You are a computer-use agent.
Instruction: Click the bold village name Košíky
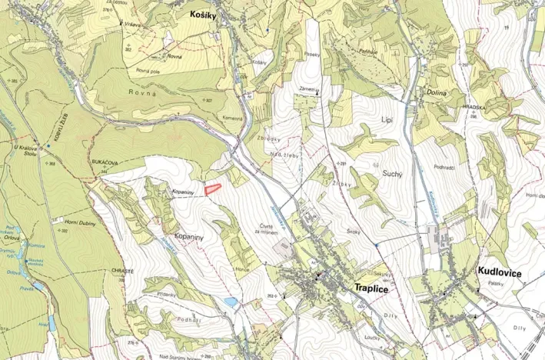pyautogui.click(x=205, y=14)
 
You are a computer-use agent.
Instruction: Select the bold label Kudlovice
pyautogui.click(x=500, y=272)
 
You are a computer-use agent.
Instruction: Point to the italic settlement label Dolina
pyautogui.click(x=437, y=92)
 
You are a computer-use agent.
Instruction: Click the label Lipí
pyautogui.click(x=387, y=121)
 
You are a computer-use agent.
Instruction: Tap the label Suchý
pyautogui.click(x=392, y=175)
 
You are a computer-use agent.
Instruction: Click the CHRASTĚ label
pyautogui.click(x=123, y=271)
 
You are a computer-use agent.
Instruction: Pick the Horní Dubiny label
pyautogui.click(x=79, y=221)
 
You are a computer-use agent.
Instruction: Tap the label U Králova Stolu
pyautogui.click(x=25, y=146)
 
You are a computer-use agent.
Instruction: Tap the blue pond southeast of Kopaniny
pyautogui.click(x=231, y=302)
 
